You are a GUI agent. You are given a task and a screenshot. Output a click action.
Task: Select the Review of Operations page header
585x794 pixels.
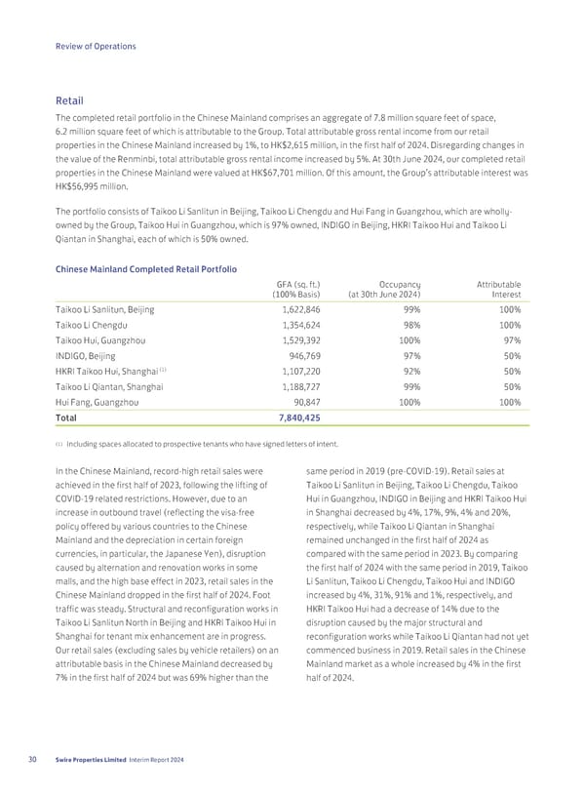96,46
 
